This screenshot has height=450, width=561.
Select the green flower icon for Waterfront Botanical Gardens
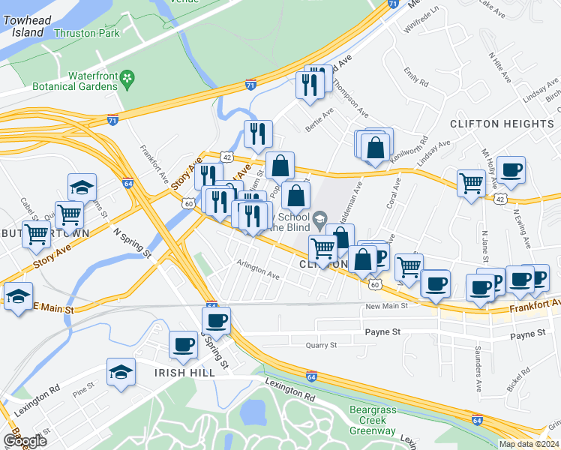(x=127, y=77)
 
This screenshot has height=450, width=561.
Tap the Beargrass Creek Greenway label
(x=378, y=420)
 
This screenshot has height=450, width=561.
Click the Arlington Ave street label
(x=257, y=275)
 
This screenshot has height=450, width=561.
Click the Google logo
(x=25, y=441)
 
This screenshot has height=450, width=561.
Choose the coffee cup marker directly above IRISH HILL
(x=182, y=345)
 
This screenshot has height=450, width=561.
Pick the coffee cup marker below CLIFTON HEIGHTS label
(x=511, y=169)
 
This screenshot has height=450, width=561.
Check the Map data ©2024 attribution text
(x=528, y=444)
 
